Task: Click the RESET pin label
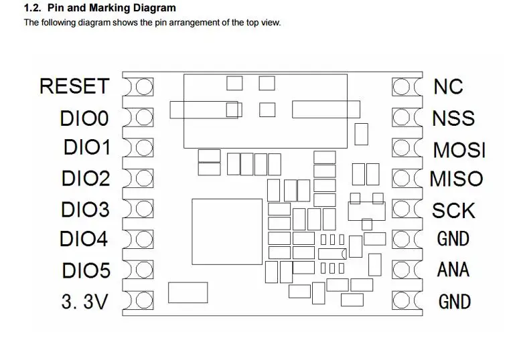click(74, 86)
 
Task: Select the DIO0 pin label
click(84, 118)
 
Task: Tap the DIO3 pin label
click(84, 209)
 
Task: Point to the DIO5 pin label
click(84, 270)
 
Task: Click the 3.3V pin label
click(84, 302)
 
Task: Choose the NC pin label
click(448, 86)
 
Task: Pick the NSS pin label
click(453, 118)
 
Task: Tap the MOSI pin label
click(459, 149)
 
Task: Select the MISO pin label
click(456, 179)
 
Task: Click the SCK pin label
click(453, 210)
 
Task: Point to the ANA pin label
click(453, 270)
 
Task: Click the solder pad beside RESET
click(143, 87)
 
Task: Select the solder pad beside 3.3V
click(143, 301)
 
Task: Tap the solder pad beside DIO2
click(143, 178)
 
